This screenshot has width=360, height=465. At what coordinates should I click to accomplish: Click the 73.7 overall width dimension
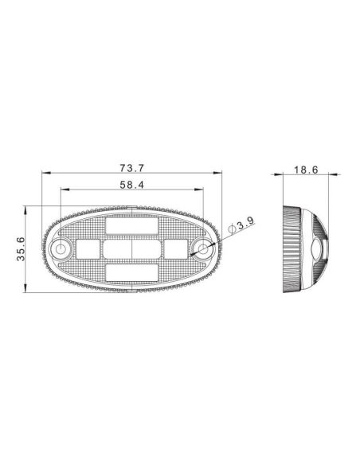(x=131, y=168)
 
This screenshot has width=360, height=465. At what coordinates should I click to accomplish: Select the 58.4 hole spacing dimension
(x=131, y=185)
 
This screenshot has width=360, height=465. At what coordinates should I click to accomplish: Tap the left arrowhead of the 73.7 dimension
(x=43, y=174)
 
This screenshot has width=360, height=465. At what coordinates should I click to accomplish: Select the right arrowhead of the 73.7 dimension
(x=220, y=174)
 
